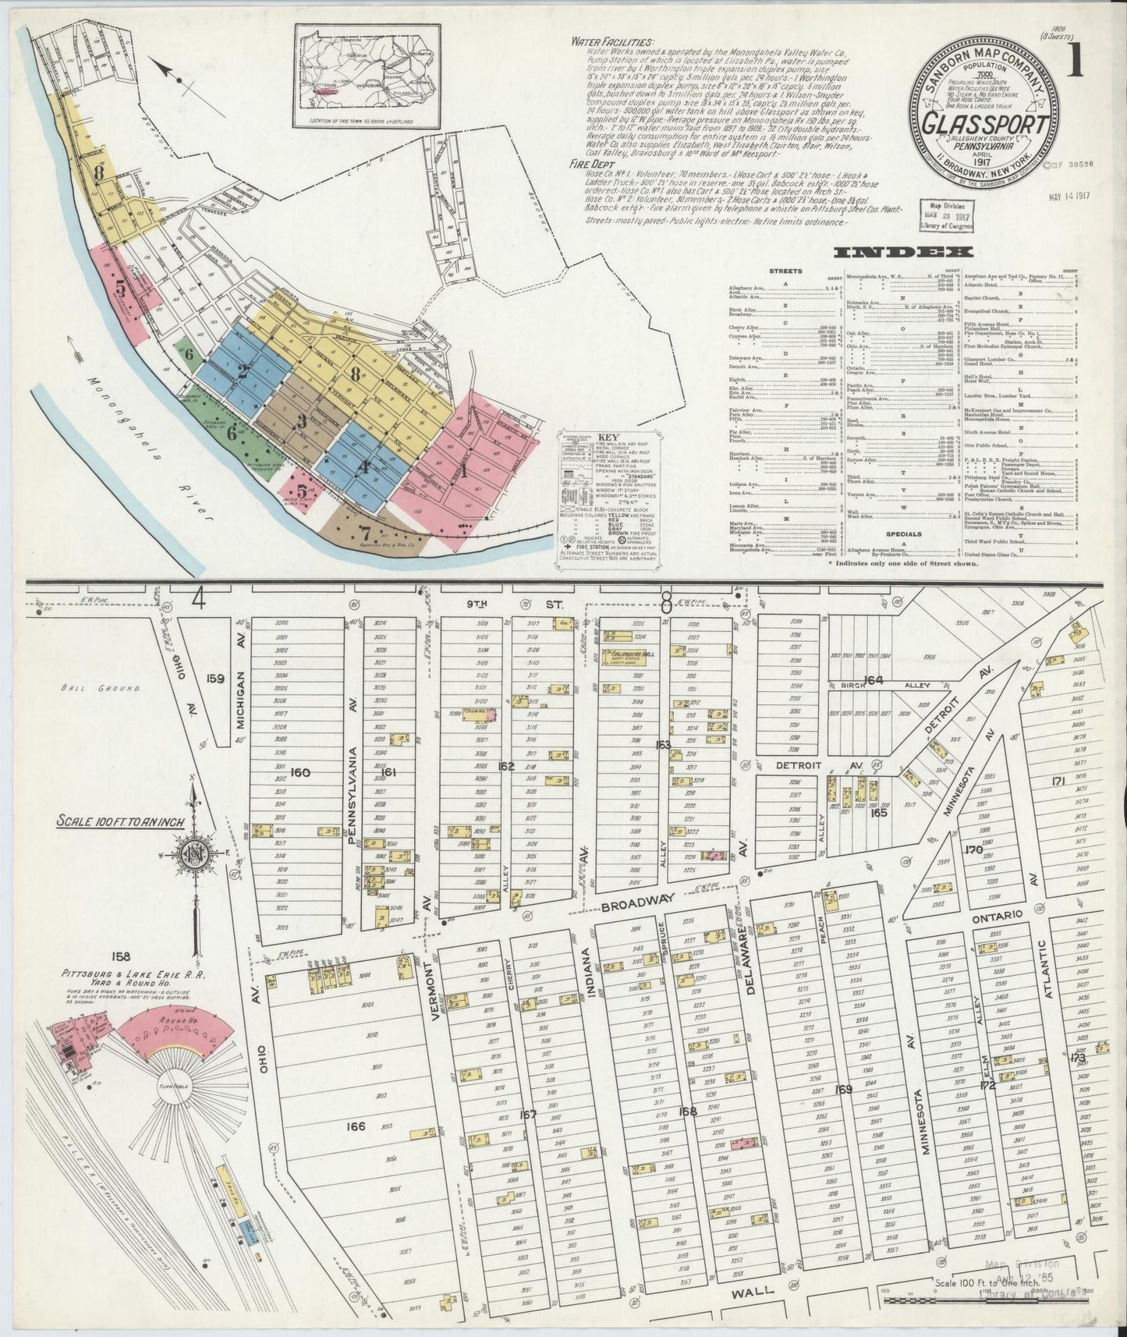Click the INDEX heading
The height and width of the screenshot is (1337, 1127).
[902, 251]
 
